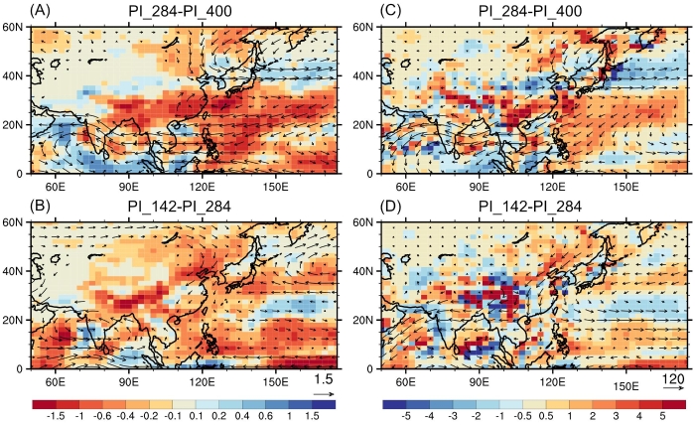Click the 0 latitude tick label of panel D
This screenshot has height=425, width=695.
[x=371, y=367]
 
